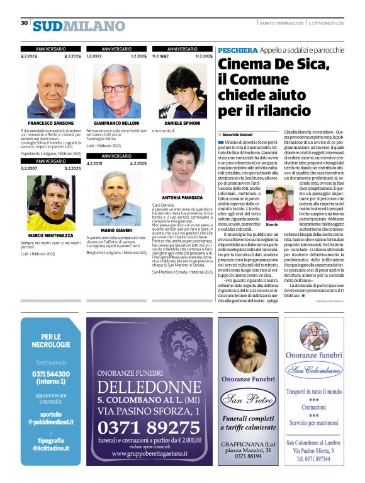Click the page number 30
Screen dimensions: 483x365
click(24, 23)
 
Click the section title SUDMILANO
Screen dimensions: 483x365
click(79, 26)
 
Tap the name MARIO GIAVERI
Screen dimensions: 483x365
click(116, 240)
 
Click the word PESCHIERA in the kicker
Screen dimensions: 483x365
click(237, 50)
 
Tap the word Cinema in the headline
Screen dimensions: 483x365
click(246, 65)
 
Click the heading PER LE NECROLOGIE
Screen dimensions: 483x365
click(51, 341)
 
